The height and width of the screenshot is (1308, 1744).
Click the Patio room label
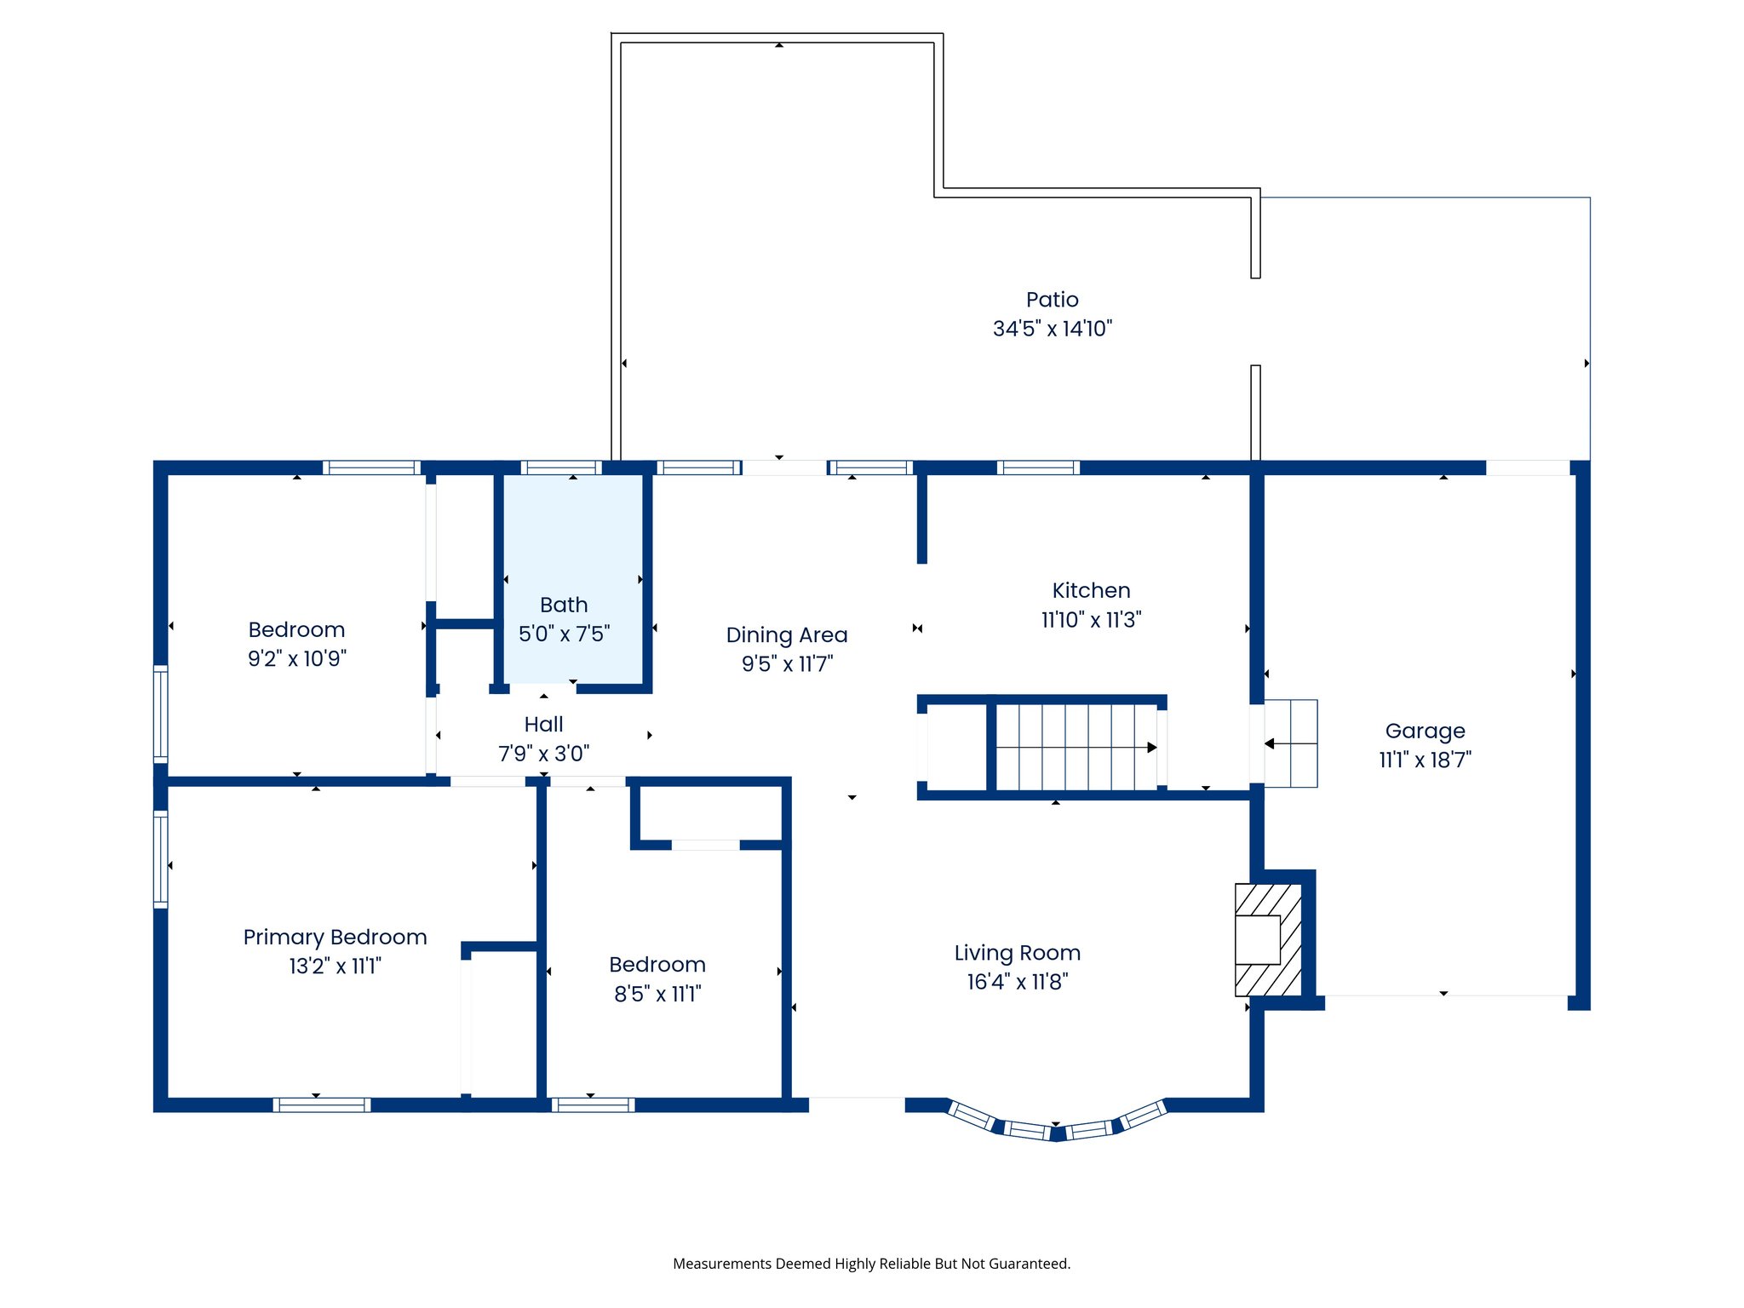click(x=1052, y=300)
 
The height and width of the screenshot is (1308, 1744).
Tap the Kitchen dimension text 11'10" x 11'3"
click(x=1091, y=620)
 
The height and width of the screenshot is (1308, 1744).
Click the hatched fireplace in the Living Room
click(x=1268, y=940)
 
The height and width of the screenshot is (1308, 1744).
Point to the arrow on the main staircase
click(x=1150, y=748)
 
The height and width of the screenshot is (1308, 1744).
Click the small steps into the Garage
click(x=1290, y=743)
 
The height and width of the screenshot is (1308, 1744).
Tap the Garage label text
click(x=1425, y=731)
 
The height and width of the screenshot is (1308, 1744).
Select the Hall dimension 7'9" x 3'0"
click(x=543, y=754)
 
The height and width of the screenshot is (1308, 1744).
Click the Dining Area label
click(x=786, y=635)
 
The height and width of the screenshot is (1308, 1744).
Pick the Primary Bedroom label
click(x=335, y=937)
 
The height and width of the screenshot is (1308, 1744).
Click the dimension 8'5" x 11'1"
click(x=657, y=994)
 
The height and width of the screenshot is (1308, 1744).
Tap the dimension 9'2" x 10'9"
click(x=297, y=658)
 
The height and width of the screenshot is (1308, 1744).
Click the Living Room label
click(x=1017, y=953)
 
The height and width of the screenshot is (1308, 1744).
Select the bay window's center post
click(x=1057, y=1133)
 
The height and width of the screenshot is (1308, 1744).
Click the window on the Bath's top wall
click(x=560, y=468)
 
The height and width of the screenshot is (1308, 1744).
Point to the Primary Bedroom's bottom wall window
click(x=321, y=1104)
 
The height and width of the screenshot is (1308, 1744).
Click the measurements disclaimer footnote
click(x=871, y=1264)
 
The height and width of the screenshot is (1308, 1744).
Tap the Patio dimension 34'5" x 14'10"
click(x=1052, y=329)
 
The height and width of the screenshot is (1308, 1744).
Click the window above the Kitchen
click(x=1037, y=468)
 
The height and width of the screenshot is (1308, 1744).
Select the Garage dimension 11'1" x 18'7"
click(x=1425, y=760)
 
